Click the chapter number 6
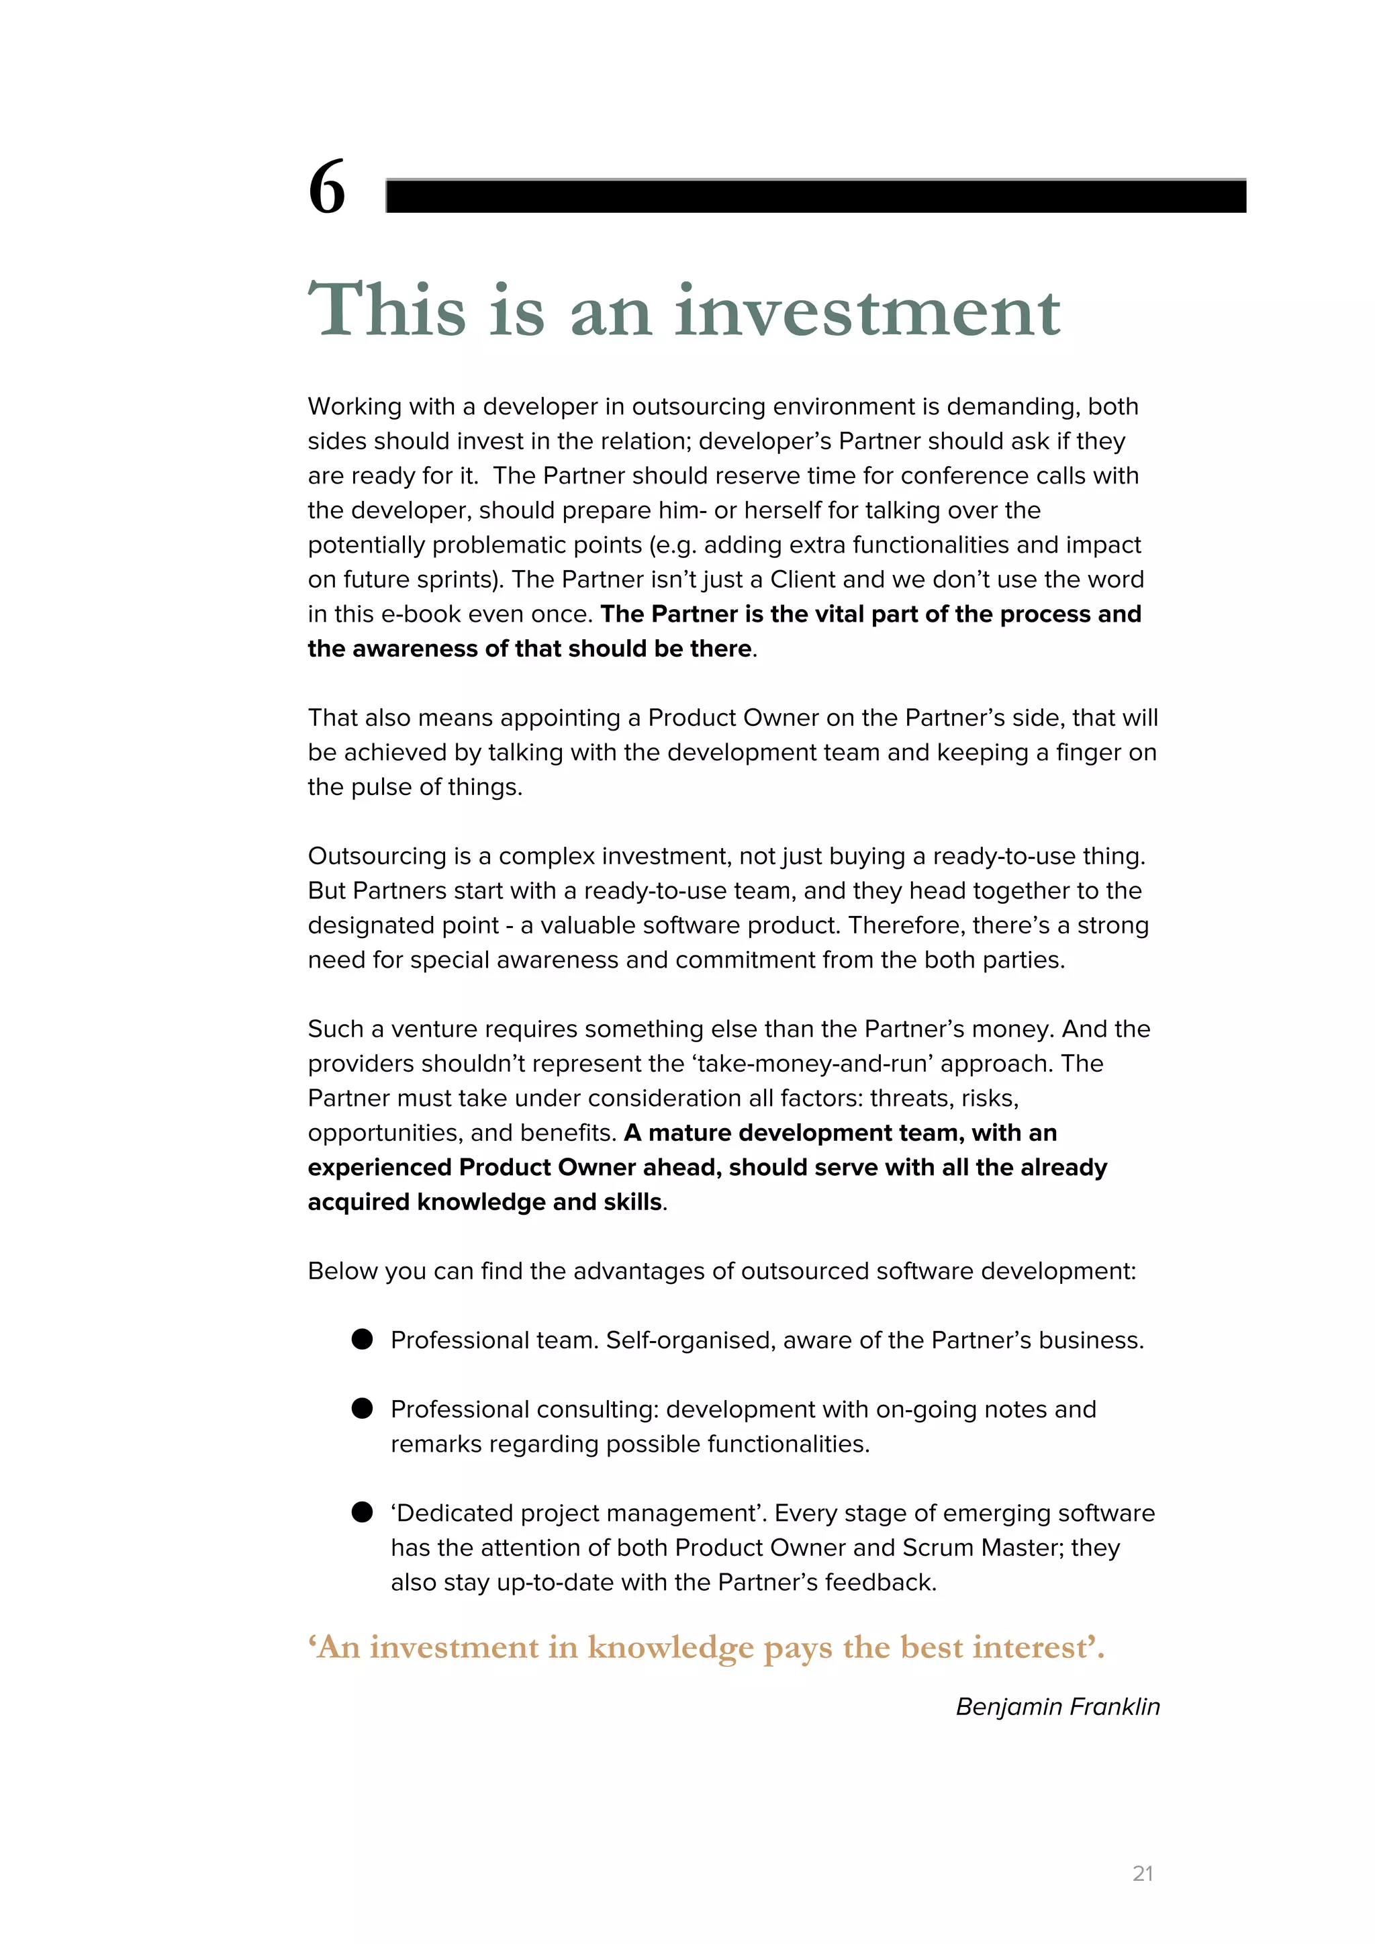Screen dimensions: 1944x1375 tap(327, 188)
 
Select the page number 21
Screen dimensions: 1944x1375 tap(1142, 1873)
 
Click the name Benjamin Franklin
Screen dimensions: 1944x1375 tap(1057, 1706)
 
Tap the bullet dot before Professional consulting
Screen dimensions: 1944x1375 tap(363, 1408)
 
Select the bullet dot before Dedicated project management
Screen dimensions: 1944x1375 tap(363, 1512)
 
